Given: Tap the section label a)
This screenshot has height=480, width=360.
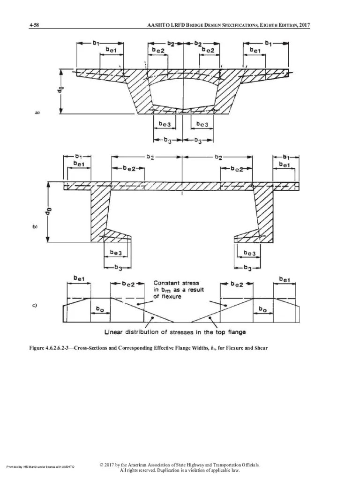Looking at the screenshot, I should point(37,112).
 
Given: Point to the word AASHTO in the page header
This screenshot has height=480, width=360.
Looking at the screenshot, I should point(156,25).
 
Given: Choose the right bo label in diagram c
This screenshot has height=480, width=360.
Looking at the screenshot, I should point(263,310).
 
